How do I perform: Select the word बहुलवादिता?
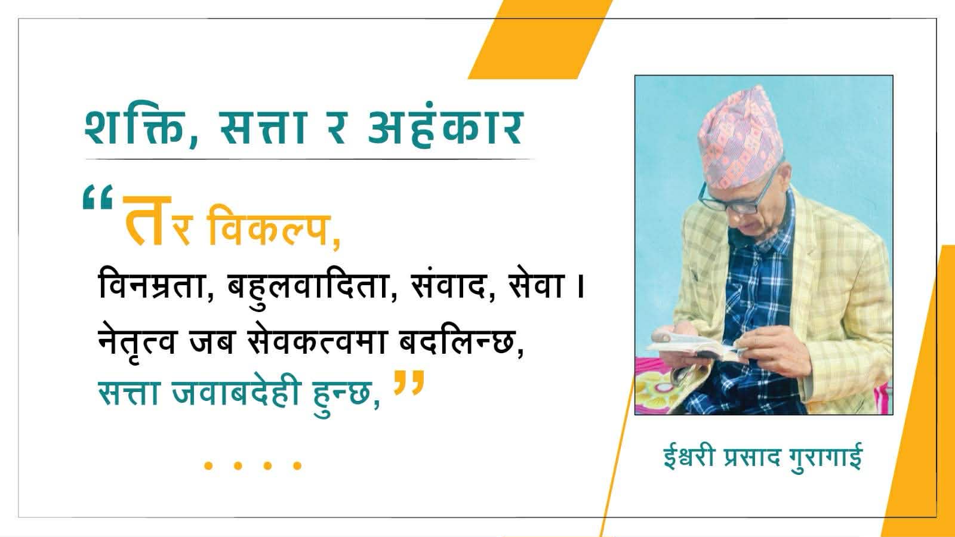point(309,283)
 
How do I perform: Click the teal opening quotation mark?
point(98,196)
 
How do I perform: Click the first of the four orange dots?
point(208,465)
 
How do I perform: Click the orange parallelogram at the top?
point(540,39)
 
